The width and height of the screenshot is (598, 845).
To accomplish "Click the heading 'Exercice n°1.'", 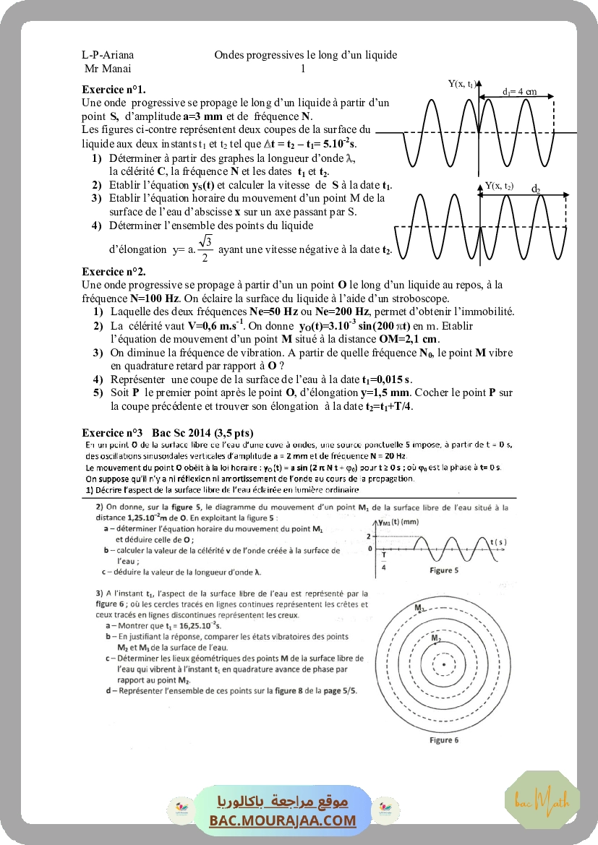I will pyautogui.click(x=114, y=90).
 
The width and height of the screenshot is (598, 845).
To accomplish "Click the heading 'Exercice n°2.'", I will pyautogui.click(x=114, y=272).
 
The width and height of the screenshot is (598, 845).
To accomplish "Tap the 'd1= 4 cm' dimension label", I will pyautogui.click(x=519, y=92).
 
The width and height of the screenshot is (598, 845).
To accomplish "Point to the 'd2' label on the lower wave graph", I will pyautogui.click(x=536, y=189).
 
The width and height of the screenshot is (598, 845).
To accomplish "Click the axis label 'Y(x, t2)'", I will pyautogui.click(x=499, y=186).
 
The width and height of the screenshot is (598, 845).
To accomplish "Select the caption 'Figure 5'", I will pyautogui.click(x=444, y=571).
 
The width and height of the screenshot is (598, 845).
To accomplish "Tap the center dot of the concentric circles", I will pyautogui.click(x=443, y=664).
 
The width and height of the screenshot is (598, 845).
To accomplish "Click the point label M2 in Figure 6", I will pyautogui.click(x=435, y=639).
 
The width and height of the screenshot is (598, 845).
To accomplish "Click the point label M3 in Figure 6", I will pyautogui.click(x=419, y=609).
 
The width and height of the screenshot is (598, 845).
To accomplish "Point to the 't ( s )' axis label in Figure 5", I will pyautogui.click(x=497, y=541).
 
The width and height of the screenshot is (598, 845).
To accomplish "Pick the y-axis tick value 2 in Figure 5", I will pyautogui.click(x=368, y=536).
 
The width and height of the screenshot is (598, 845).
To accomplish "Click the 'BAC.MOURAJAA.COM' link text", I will pyautogui.click(x=283, y=820).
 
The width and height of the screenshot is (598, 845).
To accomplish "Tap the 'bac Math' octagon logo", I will pyautogui.click(x=542, y=799).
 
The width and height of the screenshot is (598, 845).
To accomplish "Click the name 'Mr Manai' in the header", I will pyautogui.click(x=103, y=69).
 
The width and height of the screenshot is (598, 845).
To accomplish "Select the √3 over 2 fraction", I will pyautogui.click(x=205, y=249).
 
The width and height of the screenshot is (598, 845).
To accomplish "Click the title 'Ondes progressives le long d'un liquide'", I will pyautogui.click(x=305, y=55).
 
